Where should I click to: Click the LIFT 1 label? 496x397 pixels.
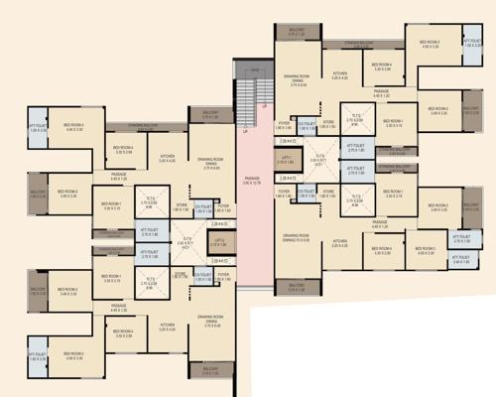pyautogui.click(x=286, y=158)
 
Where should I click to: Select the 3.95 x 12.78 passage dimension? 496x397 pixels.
pyautogui.click(x=252, y=182)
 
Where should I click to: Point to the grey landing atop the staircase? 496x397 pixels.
pyautogui.click(x=252, y=72)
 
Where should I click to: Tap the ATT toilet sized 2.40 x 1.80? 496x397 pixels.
pyautogui.click(x=462, y=261)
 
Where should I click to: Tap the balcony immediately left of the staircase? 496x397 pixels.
pyautogui.click(x=210, y=115)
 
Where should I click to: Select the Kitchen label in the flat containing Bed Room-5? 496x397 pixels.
pyautogui.click(x=340, y=242)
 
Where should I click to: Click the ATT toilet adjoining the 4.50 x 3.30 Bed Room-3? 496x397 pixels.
pyautogui.click(x=471, y=44)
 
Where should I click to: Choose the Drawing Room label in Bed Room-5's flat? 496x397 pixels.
pyautogui.click(x=297, y=236)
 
